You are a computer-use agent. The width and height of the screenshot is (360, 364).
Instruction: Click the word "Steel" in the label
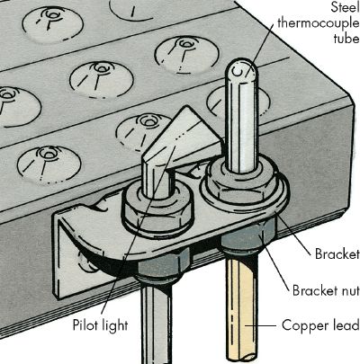coord(345,7)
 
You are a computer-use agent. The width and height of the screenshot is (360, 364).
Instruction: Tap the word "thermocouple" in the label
coord(319,23)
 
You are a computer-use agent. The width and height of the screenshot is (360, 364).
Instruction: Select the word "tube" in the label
coord(346,39)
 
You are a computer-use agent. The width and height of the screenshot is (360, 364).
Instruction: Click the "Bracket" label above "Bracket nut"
coord(337,254)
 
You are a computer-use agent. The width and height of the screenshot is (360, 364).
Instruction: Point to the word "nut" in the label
coord(349,290)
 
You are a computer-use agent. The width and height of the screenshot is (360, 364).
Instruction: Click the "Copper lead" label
coord(320,325)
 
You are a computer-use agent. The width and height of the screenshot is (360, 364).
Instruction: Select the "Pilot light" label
coord(101,325)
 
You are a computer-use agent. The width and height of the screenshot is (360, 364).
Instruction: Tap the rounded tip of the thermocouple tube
coord(241,67)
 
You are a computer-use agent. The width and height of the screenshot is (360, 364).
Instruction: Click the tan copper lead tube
coord(241,308)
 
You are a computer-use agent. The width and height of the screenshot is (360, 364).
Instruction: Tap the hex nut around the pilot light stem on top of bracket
coord(155,211)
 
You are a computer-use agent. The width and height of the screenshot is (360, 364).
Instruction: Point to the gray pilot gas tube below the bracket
coord(156,321)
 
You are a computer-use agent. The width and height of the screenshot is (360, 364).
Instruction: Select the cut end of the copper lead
coord(241,357)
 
